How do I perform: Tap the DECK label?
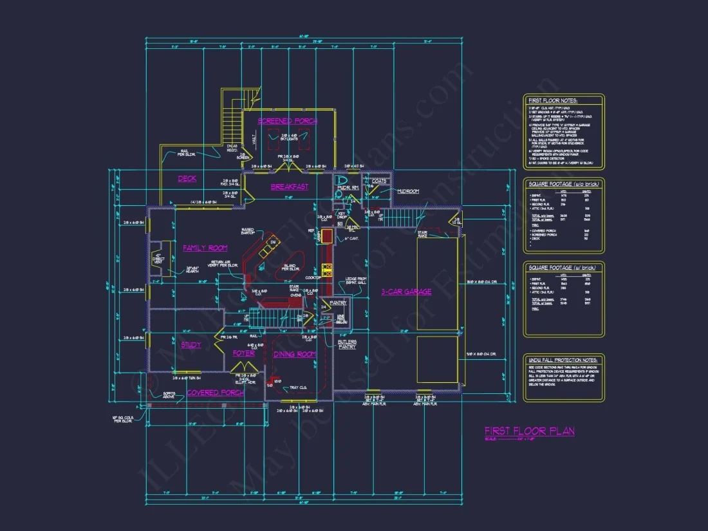(x=187, y=179)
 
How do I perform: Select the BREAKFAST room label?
(x=289, y=187)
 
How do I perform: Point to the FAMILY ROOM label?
(x=205, y=248)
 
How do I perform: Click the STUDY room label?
(x=191, y=345)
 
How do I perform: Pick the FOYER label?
(x=244, y=353)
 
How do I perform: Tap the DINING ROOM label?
(x=295, y=355)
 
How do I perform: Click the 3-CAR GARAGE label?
(x=405, y=292)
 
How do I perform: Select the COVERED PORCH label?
(x=216, y=393)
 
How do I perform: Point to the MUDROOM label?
(x=408, y=191)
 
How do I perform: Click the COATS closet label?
(x=379, y=182)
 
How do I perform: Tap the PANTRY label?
(x=339, y=303)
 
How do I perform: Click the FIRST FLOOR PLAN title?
(x=530, y=431)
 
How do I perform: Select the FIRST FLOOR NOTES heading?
(x=553, y=101)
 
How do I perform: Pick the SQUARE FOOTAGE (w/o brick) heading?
(x=564, y=184)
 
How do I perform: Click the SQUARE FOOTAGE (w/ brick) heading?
(x=563, y=267)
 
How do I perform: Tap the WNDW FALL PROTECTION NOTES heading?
(x=563, y=360)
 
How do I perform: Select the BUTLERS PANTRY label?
(x=348, y=344)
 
